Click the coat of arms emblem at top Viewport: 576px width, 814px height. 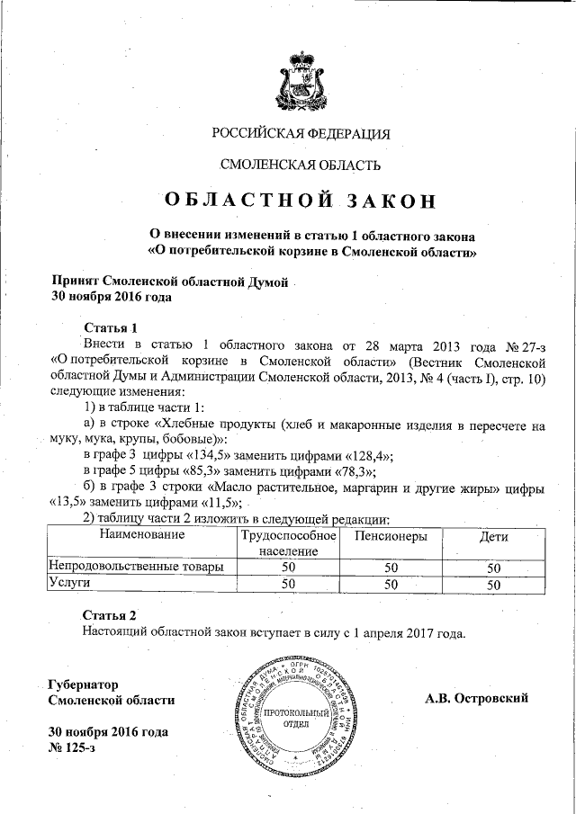click(x=301, y=78)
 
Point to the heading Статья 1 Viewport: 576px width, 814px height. click(x=110, y=326)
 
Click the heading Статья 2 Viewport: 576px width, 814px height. click(x=110, y=615)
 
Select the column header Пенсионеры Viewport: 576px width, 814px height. click(x=391, y=537)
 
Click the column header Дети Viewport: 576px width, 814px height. click(x=493, y=537)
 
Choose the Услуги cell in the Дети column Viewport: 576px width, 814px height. click(x=493, y=584)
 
